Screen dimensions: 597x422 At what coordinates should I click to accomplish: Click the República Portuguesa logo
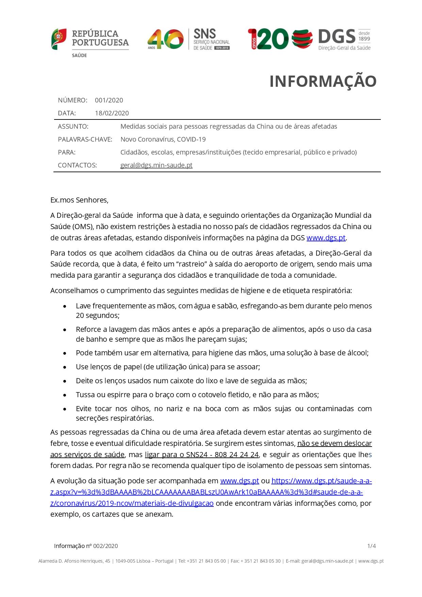pyautogui.click(x=90, y=42)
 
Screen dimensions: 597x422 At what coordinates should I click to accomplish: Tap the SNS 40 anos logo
pyautogui.click(x=189, y=39)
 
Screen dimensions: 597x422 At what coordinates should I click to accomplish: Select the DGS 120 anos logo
pyautogui.click(x=309, y=39)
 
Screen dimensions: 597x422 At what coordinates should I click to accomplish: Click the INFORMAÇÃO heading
pyautogui.click(x=323, y=81)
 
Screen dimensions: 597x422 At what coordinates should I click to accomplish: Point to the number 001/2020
pyautogui.click(x=109, y=100)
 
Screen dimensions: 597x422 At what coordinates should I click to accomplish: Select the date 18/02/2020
pyautogui.click(x=112, y=113)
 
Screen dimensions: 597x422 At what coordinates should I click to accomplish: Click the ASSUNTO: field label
pyautogui.click(x=73, y=127)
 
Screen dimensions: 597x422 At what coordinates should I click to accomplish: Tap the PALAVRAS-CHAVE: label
pyautogui.click(x=85, y=140)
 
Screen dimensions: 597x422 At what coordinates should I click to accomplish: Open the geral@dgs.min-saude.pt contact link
pyautogui.click(x=156, y=165)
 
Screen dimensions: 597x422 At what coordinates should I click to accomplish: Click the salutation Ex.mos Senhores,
pyautogui.click(x=79, y=200)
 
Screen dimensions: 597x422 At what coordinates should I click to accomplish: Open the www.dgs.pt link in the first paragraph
pyautogui.click(x=326, y=238)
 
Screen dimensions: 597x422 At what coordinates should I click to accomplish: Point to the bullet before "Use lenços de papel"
pyautogui.click(x=65, y=367)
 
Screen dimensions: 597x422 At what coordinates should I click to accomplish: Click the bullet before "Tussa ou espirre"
pyautogui.click(x=65, y=395)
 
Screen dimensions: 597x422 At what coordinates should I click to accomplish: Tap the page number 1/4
pyautogui.click(x=371, y=546)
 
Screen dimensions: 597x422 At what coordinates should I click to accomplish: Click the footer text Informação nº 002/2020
pyautogui.click(x=86, y=546)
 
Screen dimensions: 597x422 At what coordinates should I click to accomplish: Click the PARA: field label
pyautogui.click(x=67, y=152)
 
